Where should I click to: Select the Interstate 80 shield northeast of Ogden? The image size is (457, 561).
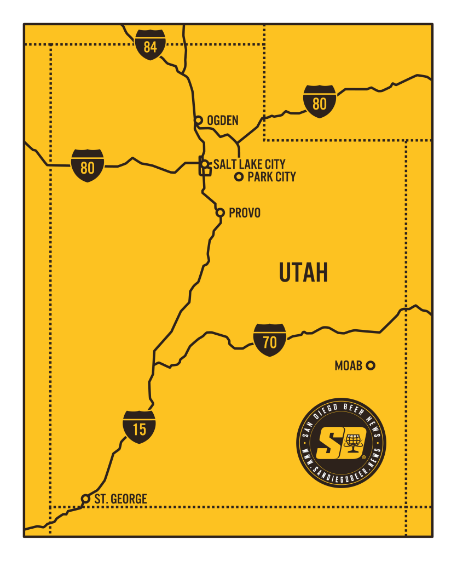click(320, 101)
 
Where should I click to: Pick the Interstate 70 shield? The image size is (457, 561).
click(270, 340)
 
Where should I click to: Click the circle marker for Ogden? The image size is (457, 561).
click(199, 120)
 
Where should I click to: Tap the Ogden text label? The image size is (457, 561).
click(223, 121)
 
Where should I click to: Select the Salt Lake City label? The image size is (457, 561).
click(249, 164)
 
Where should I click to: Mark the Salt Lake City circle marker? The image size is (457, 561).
click(204, 164)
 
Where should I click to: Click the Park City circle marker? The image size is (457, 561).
click(239, 176)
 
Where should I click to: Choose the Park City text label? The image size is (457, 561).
click(271, 177)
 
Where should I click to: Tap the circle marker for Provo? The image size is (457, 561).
click(220, 213)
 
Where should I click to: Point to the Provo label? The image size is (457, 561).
click(245, 213)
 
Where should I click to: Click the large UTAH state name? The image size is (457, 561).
click(303, 272)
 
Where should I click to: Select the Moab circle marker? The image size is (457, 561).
click(371, 365)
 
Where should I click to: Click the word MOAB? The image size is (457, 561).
click(349, 365)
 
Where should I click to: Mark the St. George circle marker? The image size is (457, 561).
click(85, 499)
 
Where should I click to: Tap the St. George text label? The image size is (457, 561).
click(120, 499)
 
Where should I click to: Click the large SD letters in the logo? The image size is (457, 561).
click(334, 443)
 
